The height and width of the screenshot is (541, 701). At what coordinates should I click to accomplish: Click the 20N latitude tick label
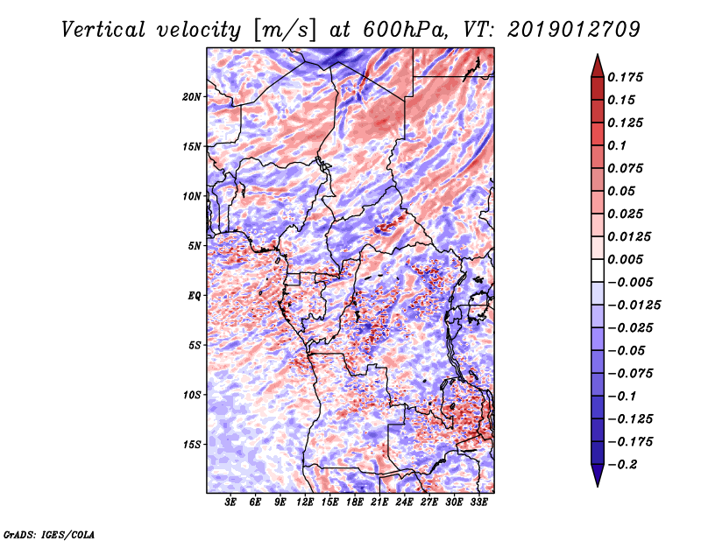pyautogui.click(x=192, y=97)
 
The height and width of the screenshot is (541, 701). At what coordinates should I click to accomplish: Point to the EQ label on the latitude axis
pyautogui.click(x=195, y=296)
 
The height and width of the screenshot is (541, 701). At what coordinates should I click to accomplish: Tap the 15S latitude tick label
pyautogui.click(x=192, y=445)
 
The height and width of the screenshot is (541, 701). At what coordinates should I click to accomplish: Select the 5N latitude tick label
pyautogui.click(x=195, y=246)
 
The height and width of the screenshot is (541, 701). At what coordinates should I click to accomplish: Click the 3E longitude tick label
pyautogui.click(x=230, y=502)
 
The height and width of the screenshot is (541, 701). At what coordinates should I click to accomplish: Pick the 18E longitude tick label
pyautogui.click(x=355, y=502)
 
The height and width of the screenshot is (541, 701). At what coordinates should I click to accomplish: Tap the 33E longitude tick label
pyautogui.click(x=478, y=502)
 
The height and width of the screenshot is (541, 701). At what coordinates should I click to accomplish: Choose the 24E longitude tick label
pyautogui.click(x=404, y=502)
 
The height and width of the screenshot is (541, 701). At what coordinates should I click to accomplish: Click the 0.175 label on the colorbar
pyautogui.click(x=625, y=77)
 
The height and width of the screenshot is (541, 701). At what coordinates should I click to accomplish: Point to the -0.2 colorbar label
pyautogui.click(x=622, y=465)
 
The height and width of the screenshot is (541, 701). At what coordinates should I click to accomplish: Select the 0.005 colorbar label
pyautogui.click(x=625, y=259)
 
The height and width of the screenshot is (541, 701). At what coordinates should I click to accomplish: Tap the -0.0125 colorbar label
pyautogui.click(x=634, y=306)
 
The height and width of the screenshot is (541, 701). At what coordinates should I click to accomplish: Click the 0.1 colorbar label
pyautogui.click(x=617, y=145)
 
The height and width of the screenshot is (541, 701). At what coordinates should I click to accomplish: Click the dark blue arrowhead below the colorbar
pyautogui.click(x=598, y=475)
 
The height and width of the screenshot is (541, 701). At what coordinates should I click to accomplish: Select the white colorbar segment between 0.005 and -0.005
pyautogui.click(x=598, y=270)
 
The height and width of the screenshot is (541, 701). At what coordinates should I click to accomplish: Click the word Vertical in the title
pyautogui.click(x=103, y=30)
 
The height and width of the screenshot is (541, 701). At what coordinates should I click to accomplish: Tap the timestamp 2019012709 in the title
pyautogui.click(x=574, y=30)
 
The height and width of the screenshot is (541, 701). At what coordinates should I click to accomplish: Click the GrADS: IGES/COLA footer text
pyautogui.click(x=49, y=535)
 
